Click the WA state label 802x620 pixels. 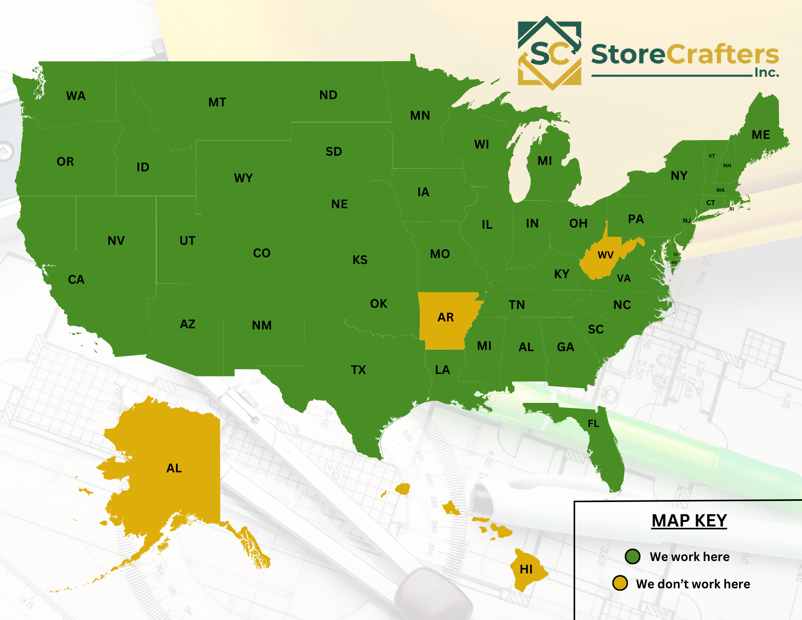(76, 96)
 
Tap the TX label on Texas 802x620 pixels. (358, 370)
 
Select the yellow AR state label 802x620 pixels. (446, 317)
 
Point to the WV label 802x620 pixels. (606, 255)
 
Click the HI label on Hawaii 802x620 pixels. (526, 569)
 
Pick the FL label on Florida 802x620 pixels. (593, 423)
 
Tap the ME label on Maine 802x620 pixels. (761, 135)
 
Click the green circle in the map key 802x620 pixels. (632, 557)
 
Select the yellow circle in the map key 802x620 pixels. (620, 583)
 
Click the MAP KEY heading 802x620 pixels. (689, 521)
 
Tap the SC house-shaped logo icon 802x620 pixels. (549, 53)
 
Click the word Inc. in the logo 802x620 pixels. (767, 73)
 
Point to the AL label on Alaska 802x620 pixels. (174, 468)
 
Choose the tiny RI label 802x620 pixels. (731, 209)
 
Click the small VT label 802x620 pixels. (712, 156)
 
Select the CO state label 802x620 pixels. (262, 253)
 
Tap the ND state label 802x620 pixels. (328, 95)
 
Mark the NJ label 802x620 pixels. (687, 221)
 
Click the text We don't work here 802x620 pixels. (693, 584)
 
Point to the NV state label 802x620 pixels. (116, 241)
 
